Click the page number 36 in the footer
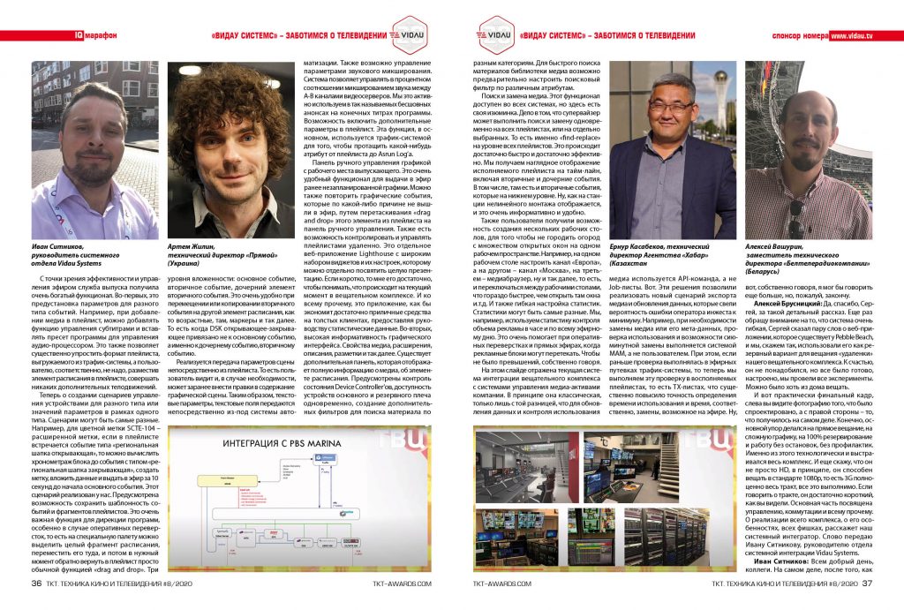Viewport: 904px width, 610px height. tap(36, 583)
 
